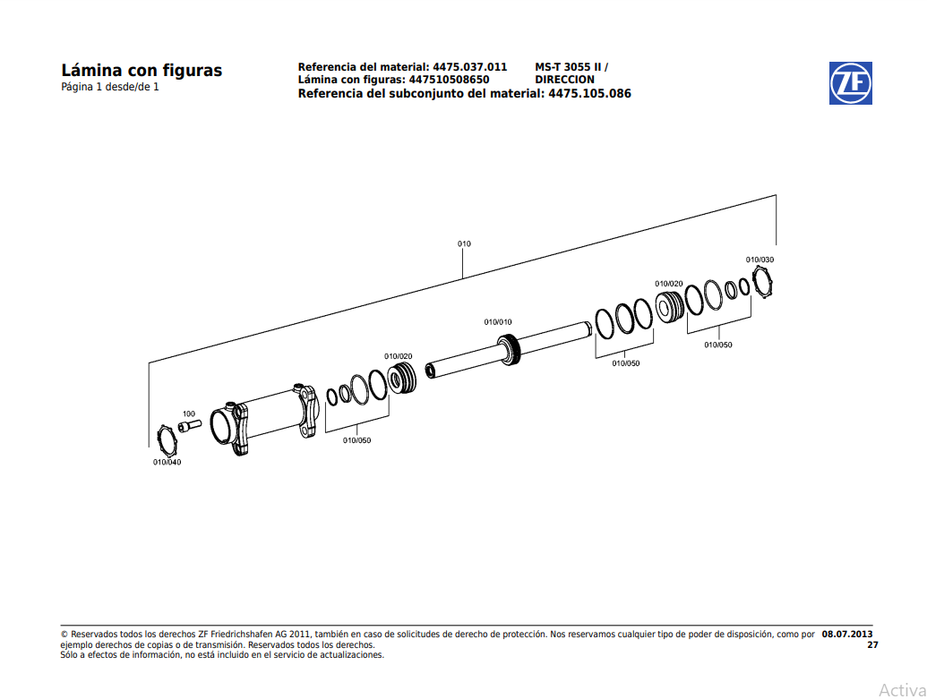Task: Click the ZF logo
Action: [850, 83]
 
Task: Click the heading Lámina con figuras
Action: [142, 71]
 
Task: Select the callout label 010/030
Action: [760, 260]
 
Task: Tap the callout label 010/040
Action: [167, 462]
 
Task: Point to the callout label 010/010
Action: [498, 321]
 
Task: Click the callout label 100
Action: [189, 413]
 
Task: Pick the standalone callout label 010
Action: [464, 243]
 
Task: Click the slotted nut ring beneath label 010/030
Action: [764, 282]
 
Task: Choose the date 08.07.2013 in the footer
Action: [846, 635]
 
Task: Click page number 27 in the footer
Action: [872, 644]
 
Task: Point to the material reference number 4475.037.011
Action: [470, 67]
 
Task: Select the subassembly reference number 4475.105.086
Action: [589, 93]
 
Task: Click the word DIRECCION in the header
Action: [564, 80]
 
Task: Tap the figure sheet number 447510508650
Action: [449, 80]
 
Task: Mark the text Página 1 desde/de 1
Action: [110, 88]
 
